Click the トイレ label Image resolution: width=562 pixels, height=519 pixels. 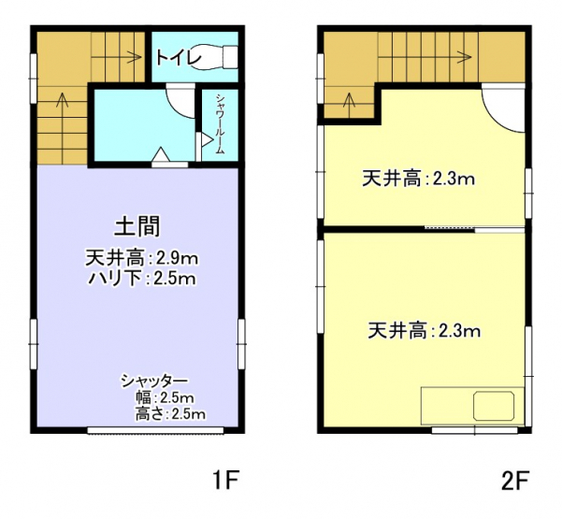pos(179,58)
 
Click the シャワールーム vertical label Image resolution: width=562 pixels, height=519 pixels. pos(220,124)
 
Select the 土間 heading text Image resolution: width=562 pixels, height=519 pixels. pos(137,226)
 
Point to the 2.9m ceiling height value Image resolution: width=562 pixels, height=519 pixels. pos(177,258)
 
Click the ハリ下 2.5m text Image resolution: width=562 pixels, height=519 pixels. pos(142,279)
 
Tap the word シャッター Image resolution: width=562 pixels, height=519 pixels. pos(154,381)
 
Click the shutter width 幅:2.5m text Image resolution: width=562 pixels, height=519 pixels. pos(165,397)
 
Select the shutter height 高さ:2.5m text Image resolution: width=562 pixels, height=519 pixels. pos(170,414)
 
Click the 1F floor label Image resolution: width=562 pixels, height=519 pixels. pos(225,481)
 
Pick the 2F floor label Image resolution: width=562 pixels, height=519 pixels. pos(515,481)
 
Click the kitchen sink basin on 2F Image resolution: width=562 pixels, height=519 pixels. pos(494,406)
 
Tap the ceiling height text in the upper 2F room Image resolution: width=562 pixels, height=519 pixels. pos(419,179)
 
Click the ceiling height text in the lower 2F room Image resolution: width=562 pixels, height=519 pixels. pos(425,331)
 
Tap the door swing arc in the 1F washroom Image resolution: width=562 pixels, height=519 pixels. pos(177,106)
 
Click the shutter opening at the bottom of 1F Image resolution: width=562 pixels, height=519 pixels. pos(155,430)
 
